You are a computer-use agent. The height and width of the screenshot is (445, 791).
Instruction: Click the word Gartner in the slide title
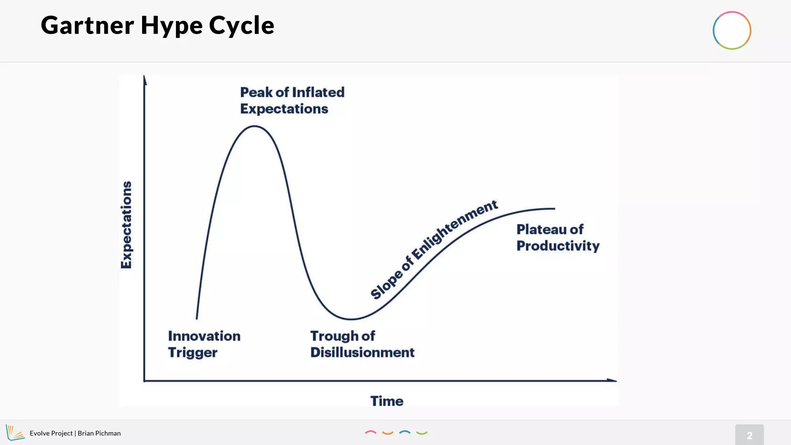[x=87, y=25]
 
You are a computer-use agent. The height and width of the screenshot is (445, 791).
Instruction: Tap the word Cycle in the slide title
[x=241, y=25]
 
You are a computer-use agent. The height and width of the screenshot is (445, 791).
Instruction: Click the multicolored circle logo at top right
[x=732, y=31]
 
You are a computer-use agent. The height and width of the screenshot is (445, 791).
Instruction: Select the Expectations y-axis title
[x=126, y=225]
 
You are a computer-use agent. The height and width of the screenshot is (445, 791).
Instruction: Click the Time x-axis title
[x=387, y=401]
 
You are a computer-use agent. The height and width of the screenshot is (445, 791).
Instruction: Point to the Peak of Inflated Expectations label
[x=292, y=100]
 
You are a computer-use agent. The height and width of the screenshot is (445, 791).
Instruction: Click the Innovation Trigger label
[x=204, y=344]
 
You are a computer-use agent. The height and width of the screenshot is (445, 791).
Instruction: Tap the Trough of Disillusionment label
[x=362, y=344]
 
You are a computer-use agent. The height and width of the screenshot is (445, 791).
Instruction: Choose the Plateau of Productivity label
[x=558, y=238]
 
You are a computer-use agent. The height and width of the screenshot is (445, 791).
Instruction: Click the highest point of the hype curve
[x=255, y=126]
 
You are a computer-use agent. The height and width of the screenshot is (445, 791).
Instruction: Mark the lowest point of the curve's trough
[x=351, y=319]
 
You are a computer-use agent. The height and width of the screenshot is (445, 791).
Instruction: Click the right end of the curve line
[x=554, y=209]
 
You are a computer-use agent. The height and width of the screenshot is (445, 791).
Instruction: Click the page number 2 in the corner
[x=749, y=435]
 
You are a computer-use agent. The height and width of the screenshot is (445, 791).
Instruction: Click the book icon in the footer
[x=15, y=433]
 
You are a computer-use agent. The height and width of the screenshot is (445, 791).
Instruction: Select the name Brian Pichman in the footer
[x=99, y=433]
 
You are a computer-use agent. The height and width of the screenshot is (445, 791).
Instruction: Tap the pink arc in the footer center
[x=370, y=432]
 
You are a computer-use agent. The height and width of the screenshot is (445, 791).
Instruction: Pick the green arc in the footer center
[x=422, y=433]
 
